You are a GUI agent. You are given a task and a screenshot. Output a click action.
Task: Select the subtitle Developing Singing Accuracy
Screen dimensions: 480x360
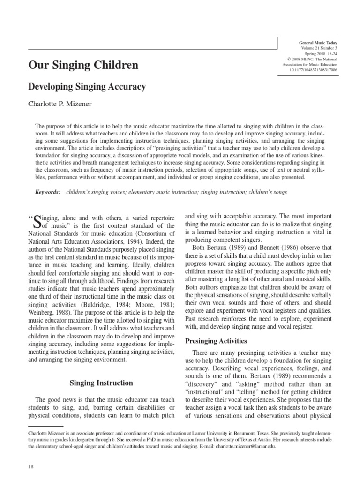coord(88,87)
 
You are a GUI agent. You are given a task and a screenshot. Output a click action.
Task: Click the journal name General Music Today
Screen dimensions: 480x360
coord(315,43)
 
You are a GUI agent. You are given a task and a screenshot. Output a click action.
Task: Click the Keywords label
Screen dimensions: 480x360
coord(48,192)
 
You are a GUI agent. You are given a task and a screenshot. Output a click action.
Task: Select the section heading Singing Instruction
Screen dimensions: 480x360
coord(101,383)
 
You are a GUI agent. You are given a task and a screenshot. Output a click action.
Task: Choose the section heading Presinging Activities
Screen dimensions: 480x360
coord(217,328)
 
